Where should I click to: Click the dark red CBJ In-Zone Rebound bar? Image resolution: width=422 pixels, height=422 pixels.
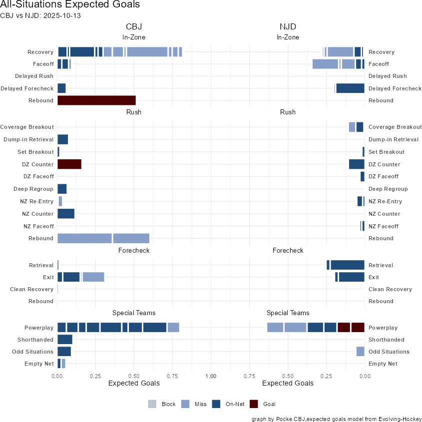pyautogui.click(x=96, y=100)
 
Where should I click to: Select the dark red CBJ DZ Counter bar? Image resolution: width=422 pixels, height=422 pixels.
pyautogui.click(x=69, y=164)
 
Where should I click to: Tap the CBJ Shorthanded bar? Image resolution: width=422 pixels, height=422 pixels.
pyautogui.click(x=65, y=340)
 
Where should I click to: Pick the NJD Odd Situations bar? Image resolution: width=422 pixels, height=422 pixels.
pyautogui.click(x=360, y=352)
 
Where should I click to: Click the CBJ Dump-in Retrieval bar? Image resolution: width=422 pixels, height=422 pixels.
pyautogui.click(x=62, y=139)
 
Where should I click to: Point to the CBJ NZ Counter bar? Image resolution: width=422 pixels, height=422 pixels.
pyautogui.click(x=66, y=214)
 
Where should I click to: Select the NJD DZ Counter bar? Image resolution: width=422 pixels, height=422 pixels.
pyautogui.click(x=357, y=164)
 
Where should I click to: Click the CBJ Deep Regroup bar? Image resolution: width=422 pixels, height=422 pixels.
pyautogui.click(x=62, y=189)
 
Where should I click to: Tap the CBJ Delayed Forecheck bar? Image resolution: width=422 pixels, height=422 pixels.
pyautogui.click(x=61, y=88)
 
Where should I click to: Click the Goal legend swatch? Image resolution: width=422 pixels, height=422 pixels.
pyautogui.click(x=254, y=404)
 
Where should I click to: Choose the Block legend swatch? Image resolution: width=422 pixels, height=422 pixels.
pyautogui.click(x=153, y=404)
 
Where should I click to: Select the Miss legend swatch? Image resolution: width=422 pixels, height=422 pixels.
pyautogui.click(x=186, y=404)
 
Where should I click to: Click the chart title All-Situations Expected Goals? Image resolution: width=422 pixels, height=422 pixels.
pyautogui.click(x=70, y=4)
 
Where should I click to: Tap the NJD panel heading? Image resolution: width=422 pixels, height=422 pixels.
pyautogui.click(x=288, y=26)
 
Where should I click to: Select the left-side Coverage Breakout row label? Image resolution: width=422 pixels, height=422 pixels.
pyautogui.click(x=27, y=127)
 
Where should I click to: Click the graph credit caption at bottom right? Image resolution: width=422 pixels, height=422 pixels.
pyautogui.click(x=337, y=419)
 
